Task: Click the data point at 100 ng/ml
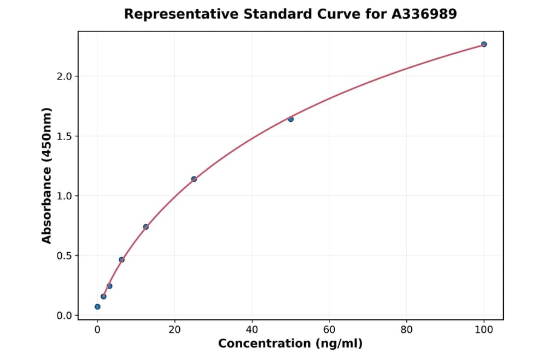pyautogui.click(x=484, y=44)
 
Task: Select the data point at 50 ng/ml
pyautogui.click(x=291, y=119)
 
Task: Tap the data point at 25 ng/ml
pyautogui.click(x=194, y=179)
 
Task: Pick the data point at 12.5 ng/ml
pyautogui.click(x=146, y=227)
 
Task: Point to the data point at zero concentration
pyautogui.click(x=97, y=307)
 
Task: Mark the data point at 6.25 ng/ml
pyautogui.click(x=122, y=259)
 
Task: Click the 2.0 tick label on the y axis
pyautogui.click(x=64, y=76)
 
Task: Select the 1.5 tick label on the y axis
pyautogui.click(x=64, y=136)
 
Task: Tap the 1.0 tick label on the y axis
pyautogui.click(x=64, y=196)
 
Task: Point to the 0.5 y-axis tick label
pyautogui.click(x=64, y=256)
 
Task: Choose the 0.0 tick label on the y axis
pyautogui.click(x=64, y=316)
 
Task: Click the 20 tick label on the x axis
pyautogui.click(x=175, y=330)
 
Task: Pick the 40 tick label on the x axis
pyautogui.click(x=252, y=330)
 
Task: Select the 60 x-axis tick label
pyautogui.click(x=329, y=330)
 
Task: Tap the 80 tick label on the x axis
pyautogui.click(x=407, y=330)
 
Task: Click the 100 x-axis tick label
pyautogui.click(x=484, y=330)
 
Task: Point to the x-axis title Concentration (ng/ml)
pyautogui.click(x=291, y=344)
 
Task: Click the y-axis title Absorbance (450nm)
pyautogui.click(x=47, y=175)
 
